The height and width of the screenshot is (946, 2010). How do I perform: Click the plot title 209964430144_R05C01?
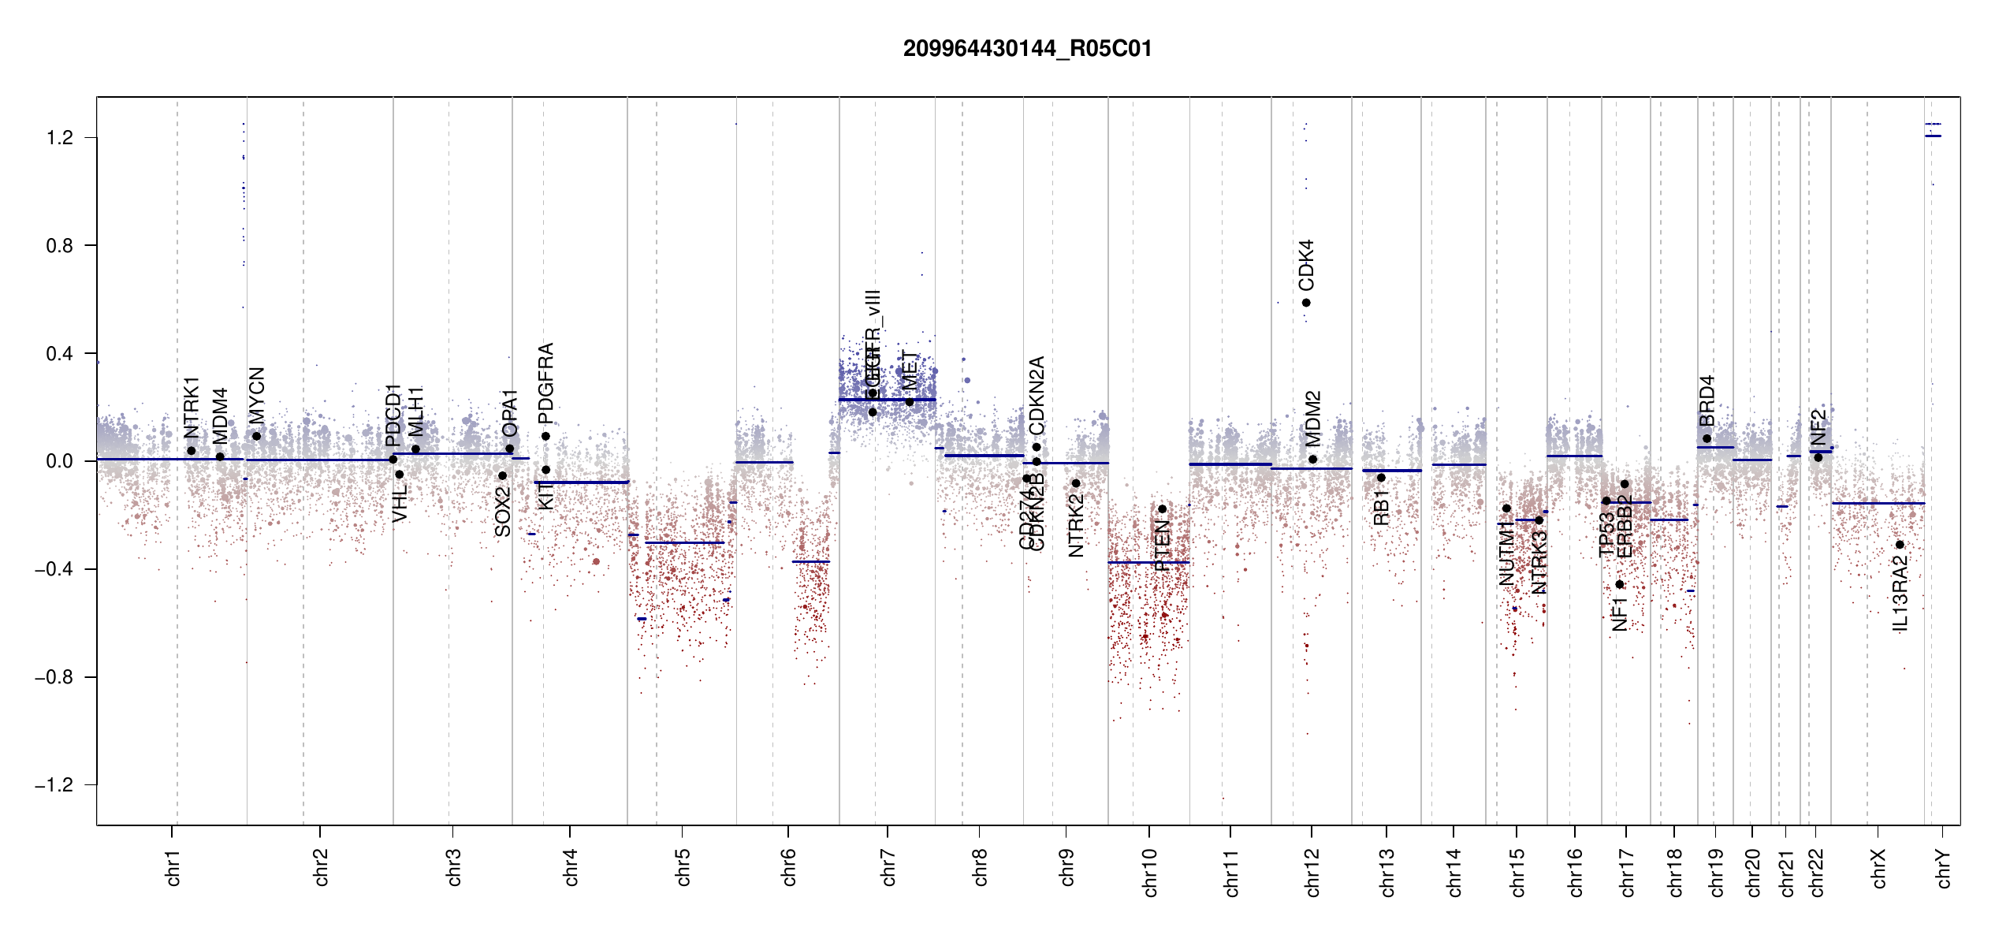click(x=1027, y=49)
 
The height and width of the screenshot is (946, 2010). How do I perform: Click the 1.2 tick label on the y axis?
click(x=59, y=138)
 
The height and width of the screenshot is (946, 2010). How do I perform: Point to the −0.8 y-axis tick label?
click(x=54, y=677)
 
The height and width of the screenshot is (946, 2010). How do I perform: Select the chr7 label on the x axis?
click(x=888, y=868)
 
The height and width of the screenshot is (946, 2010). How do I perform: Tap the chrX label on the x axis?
click(x=1878, y=868)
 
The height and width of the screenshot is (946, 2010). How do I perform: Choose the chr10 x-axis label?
click(x=1149, y=872)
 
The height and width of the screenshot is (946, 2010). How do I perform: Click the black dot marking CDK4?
click(x=1306, y=303)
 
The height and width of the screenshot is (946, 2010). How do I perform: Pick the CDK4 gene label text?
click(x=1306, y=266)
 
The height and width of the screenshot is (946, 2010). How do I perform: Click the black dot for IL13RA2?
click(x=1900, y=545)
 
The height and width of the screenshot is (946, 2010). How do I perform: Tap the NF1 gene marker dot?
click(x=1620, y=584)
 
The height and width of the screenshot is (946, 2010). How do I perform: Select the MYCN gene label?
click(x=256, y=396)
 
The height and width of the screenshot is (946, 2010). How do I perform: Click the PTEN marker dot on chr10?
click(x=1162, y=509)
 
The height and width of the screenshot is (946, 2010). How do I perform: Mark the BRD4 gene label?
click(x=1707, y=400)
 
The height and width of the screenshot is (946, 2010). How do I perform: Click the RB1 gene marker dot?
click(x=1381, y=478)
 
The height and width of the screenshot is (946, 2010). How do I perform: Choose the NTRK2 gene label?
click(x=1076, y=526)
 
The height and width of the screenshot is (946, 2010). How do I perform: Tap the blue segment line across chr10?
click(x=1148, y=562)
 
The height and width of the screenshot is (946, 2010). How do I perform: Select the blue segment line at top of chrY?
click(x=1933, y=136)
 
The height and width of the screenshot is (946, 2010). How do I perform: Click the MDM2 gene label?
click(x=1312, y=419)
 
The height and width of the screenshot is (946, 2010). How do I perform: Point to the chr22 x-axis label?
click(x=1816, y=872)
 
